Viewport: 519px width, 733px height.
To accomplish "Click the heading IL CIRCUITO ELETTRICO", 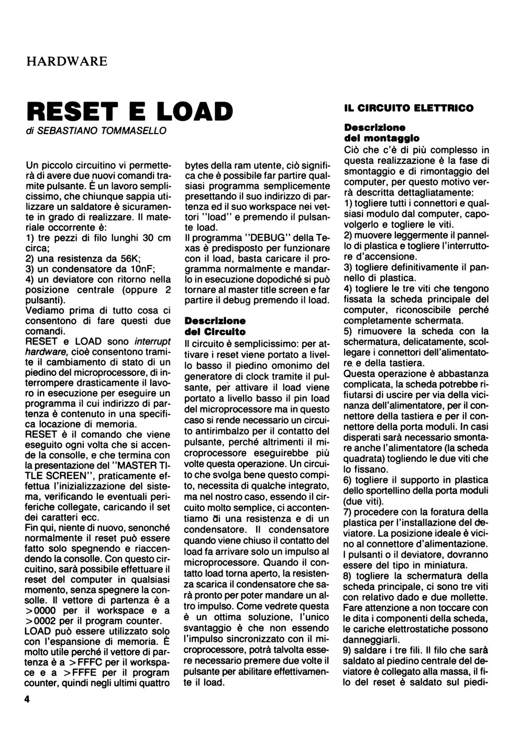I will coord(408,108).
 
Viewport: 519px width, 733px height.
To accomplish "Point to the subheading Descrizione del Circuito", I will coord(215,326).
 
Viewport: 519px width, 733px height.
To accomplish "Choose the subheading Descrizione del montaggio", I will coord(381,133).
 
